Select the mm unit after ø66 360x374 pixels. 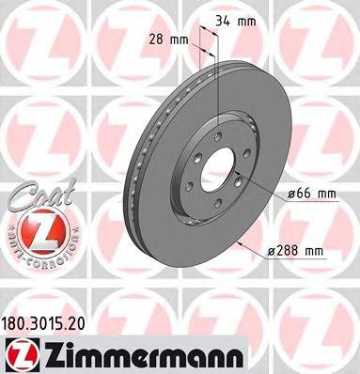(x=326, y=194)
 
